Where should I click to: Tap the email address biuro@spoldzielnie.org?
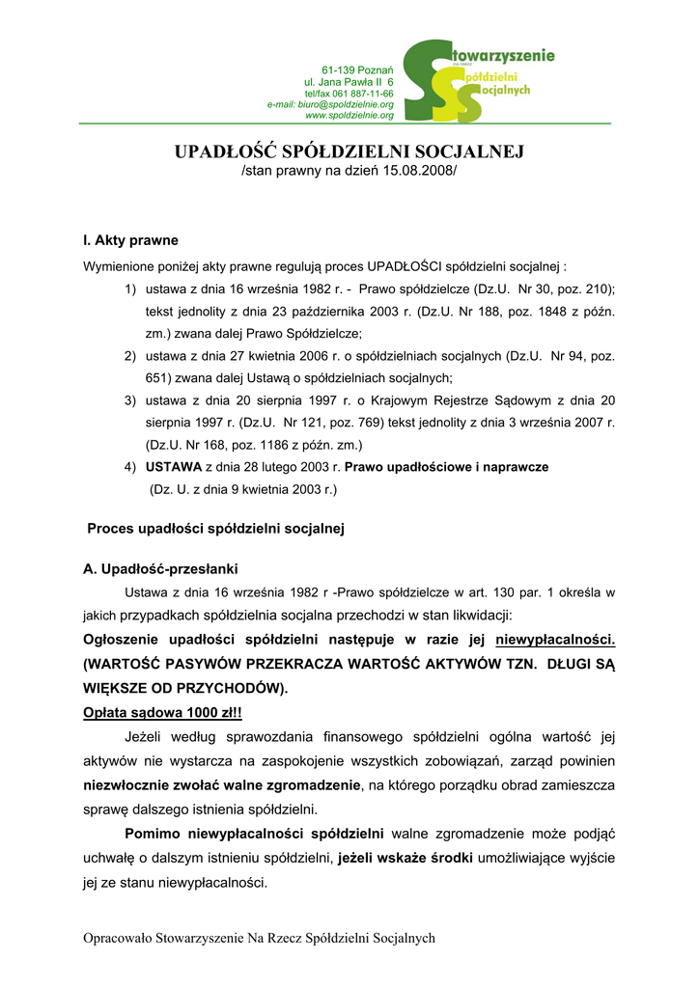[344, 104]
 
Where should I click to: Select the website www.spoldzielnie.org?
[349, 115]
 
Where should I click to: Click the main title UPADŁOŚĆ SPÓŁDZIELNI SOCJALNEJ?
[349, 152]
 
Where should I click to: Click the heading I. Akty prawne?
[131, 240]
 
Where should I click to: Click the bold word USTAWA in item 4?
[174, 466]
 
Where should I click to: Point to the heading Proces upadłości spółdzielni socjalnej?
[216, 529]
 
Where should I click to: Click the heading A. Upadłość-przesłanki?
[161, 568]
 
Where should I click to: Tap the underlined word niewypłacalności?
[555, 640]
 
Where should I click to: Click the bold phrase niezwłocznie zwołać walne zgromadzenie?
[221, 786]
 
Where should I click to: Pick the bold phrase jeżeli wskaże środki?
[405, 857]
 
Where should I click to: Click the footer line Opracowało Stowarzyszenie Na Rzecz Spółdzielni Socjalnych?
[260, 938]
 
